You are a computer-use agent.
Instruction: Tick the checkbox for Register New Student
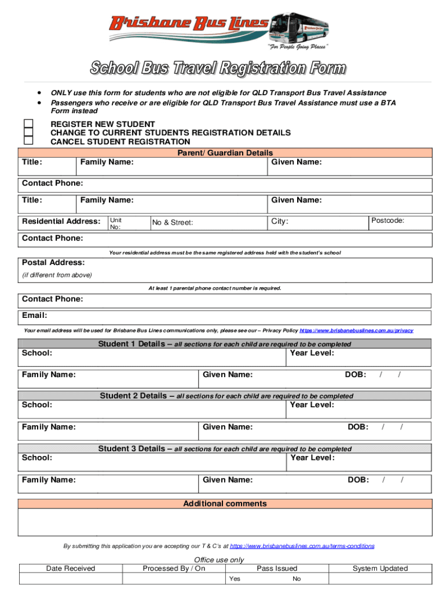pos(28,124)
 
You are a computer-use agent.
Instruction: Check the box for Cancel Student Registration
pos(28,141)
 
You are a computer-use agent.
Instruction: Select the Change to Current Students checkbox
pos(28,133)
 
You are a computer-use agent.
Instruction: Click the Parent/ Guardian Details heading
pos(225,153)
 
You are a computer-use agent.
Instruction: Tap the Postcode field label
pos(387,220)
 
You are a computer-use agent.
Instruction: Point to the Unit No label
pos(116,224)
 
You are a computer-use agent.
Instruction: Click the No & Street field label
pos(173,222)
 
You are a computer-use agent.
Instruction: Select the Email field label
pos(34,316)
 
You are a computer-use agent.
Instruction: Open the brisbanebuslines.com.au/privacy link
pos(356,331)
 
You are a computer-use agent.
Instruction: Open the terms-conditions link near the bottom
pos(302,546)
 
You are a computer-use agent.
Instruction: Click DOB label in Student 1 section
pos(355,375)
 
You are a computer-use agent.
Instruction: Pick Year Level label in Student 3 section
pos(312,458)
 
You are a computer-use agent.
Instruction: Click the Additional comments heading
pos(225,504)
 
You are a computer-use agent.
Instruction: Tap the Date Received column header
pos(71,568)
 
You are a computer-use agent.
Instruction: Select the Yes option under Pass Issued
pos(235,579)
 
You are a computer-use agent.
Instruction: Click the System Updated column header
pos(380,568)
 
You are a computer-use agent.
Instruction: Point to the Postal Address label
pos(53,263)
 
